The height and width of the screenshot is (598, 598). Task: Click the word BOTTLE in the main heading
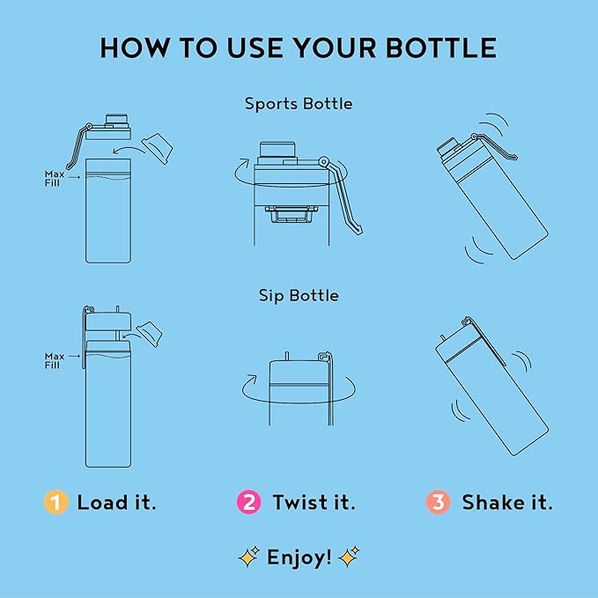(441, 48)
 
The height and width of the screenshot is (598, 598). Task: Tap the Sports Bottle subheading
(299, 104)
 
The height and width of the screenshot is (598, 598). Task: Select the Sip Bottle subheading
(299, 296)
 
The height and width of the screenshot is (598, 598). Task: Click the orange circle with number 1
(56, 502)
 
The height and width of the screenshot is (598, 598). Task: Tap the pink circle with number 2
(249, 502)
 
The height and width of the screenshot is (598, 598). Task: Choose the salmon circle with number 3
(439, 502)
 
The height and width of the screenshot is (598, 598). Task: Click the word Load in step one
(102, 502)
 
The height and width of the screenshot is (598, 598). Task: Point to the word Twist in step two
(300, 502)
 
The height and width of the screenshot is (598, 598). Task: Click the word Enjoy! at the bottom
(299, 558)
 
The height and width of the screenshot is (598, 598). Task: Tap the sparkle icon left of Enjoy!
(249, 557)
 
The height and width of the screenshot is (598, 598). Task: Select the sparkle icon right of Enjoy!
(349, 557)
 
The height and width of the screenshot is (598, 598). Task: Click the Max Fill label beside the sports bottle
(54, 179)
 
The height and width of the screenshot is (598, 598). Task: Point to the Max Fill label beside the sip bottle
(54, 360)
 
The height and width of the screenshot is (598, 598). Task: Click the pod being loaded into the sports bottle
(157, 148)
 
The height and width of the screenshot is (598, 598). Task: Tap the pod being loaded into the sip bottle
(150, 334)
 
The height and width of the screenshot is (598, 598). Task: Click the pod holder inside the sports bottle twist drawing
(292, 214)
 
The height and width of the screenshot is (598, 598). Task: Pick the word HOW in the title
(134, 48)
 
